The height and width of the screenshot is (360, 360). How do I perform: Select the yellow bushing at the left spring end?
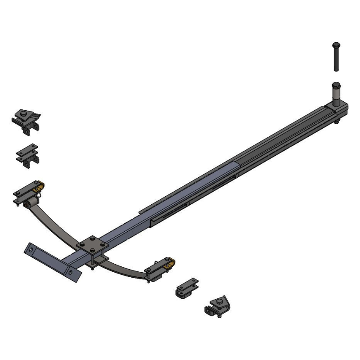(x=40, y=185)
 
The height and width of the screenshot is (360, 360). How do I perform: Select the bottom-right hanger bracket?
(x=217, y=306)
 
